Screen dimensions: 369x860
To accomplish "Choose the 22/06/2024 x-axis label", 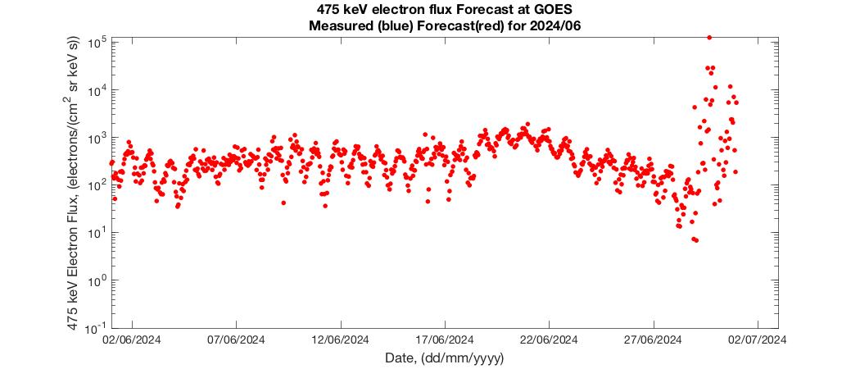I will (549, 338).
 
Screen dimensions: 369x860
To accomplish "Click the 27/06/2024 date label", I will (653, 338).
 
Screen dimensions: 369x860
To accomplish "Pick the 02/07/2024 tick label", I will (757, 338).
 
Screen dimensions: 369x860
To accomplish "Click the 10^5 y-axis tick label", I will (97, 41).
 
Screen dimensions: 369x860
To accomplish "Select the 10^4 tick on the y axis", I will (97, 89).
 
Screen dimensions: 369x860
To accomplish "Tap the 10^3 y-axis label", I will (97, 137).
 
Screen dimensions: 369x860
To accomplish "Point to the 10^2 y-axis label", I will (97, 184).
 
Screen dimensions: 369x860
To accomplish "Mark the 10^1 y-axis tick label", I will (97, 232).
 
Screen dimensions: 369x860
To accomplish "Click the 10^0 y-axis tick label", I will (97, 280).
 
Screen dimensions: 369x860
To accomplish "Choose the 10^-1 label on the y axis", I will (95, 327).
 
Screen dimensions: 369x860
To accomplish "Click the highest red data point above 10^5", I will (709, 37).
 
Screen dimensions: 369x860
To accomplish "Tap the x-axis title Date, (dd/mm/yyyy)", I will (445, 358).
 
